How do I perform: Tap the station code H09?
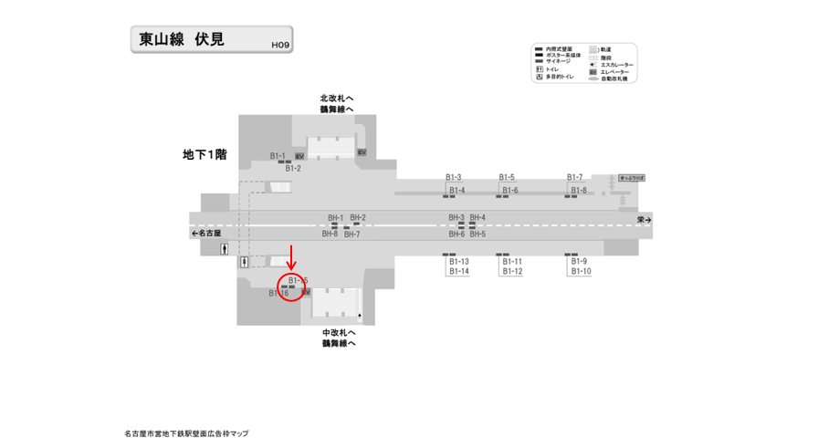click(279, 45)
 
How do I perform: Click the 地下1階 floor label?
click(205, 155)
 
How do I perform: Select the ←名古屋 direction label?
click(207, 234)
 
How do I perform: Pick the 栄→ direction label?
click(645, 220)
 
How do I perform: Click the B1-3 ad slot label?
click(453, 177)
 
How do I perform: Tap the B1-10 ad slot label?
click(581, 272)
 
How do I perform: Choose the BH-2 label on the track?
click(358, 218)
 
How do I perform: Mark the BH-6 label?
click(456, 234)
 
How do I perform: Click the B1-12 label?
click(512, 272)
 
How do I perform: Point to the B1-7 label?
click(575, 177)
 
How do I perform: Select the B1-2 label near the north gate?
click(293, 169)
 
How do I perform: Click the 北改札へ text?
click(337, 99)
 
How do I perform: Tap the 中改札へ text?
click(339, 333)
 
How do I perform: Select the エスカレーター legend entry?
click(616, 65)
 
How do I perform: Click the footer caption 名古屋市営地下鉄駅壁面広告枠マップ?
click(186, 433)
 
